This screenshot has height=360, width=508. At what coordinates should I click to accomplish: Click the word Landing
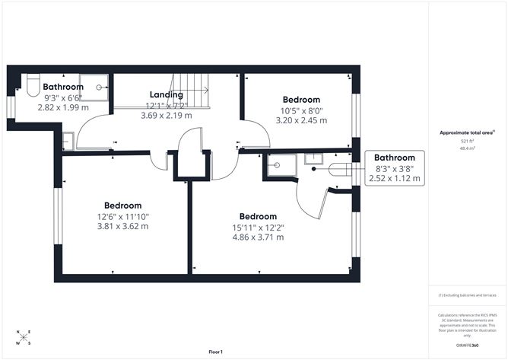click(x=166, y=95)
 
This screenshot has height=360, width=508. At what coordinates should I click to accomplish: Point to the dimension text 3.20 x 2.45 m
click(x=301, y=120)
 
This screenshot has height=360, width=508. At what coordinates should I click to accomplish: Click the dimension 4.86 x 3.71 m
click(x=258, y=237)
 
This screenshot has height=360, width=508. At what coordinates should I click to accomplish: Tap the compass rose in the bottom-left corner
click(x=24, y=337)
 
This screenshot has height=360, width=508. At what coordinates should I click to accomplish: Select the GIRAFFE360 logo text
click(x=465, y=346)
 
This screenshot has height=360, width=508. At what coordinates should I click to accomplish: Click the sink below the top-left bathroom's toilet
click(x=67, y=141)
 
